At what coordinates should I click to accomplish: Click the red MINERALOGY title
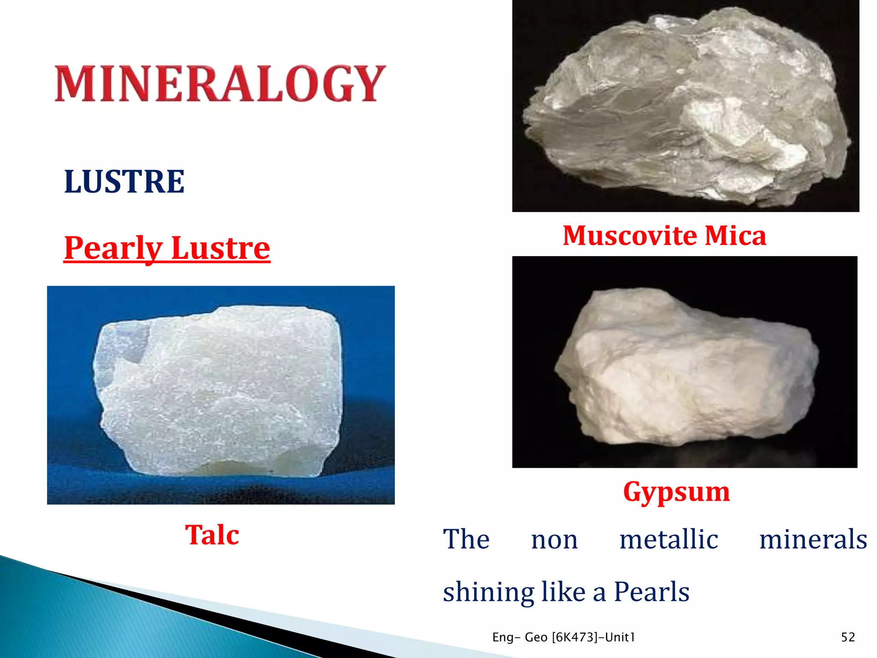tap(220, 84)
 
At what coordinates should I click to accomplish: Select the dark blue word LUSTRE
tap(124, 182)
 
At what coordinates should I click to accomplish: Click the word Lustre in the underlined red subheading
tap(221, 248)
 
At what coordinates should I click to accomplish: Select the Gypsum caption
tap(676, 491)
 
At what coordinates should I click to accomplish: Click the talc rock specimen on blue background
tap(218, 390)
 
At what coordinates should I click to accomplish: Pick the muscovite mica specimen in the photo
tap(685, 107)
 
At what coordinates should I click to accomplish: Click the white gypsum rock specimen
tap(685, 368)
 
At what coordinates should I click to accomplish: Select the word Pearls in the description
tap(651, 592)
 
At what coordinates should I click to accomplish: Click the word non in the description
tap(554, 540)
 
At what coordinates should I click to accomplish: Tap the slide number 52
tap(848, 637)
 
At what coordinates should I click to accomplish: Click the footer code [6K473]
tap(574, 637)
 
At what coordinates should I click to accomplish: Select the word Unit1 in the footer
tap(620, 637)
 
